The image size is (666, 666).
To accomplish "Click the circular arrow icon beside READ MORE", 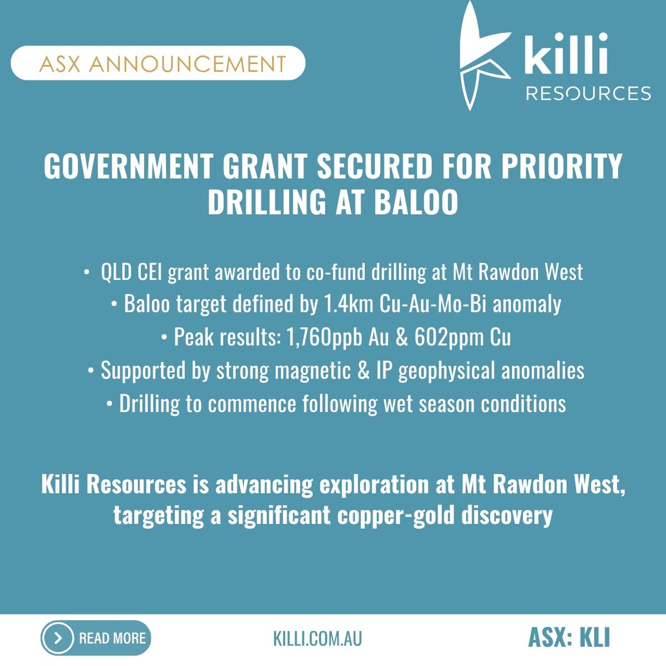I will point(58,638).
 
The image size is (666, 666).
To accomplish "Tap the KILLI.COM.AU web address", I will point(317,638).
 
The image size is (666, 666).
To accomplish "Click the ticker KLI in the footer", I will point(594,638).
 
